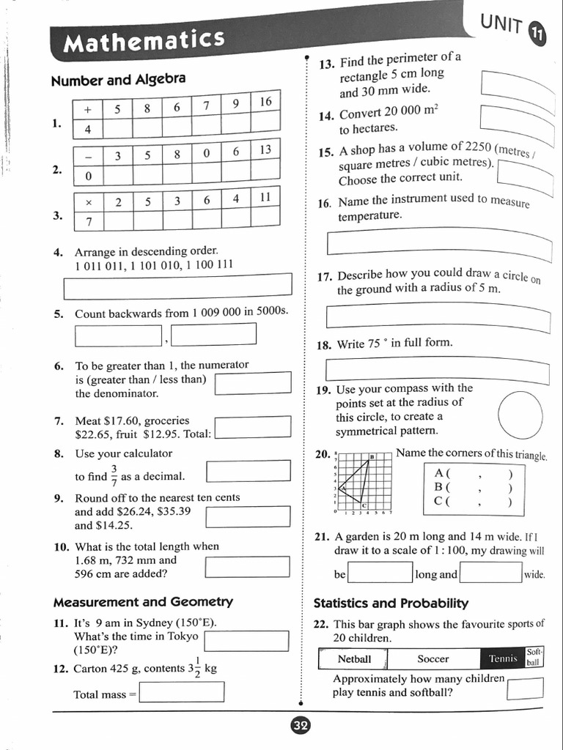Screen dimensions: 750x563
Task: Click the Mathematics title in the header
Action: pos(144,40)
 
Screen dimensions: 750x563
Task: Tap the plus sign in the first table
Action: pos(87,109)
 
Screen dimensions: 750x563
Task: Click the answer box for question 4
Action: pos(177,286)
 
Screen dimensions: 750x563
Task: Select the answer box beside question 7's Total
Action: pos(252,427)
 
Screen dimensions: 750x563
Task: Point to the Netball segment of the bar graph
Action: pos(354,658)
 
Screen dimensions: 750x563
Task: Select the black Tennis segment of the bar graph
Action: pos(502,658)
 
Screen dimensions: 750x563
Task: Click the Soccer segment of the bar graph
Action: pos(433,658)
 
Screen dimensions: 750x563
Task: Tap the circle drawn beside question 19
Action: pos(520,414)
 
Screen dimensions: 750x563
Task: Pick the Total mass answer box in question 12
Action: pos(181,692)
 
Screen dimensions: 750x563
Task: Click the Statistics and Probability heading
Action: pos(391,604)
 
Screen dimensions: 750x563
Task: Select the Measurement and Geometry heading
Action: pos(143,602)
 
